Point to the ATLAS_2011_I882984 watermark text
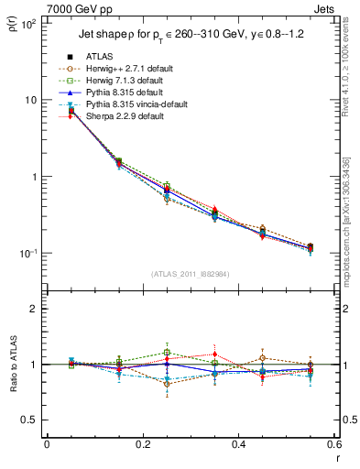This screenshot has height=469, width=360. (191, 274)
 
